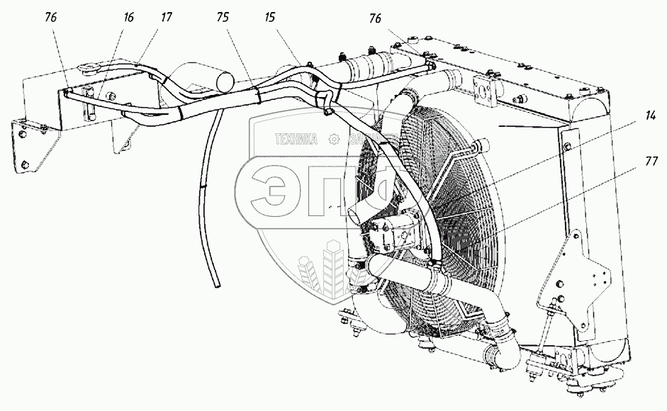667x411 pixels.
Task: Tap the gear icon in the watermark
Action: [x=331, y=140]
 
